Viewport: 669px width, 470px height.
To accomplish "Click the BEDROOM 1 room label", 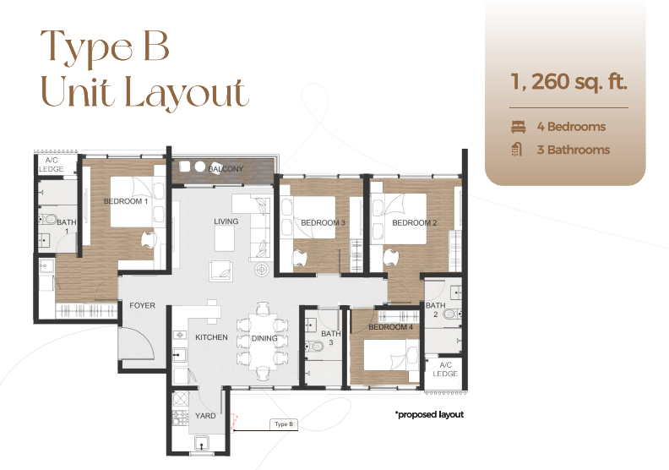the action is [x=125, y=201].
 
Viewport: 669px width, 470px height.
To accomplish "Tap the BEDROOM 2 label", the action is [x=414, y=222].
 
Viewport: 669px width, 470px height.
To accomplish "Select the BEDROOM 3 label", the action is [x=323, y=222].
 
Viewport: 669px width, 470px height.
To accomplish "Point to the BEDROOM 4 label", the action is [x=390, y=327].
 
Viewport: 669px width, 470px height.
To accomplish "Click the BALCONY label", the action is [x=226, y=169].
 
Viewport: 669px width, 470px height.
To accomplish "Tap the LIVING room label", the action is [x=226, y=221].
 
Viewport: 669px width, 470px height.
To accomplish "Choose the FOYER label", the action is [x=142, y=305].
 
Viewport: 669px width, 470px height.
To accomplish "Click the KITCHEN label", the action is [x=211, y=337].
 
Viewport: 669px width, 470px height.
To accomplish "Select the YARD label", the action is [x=205, y=415].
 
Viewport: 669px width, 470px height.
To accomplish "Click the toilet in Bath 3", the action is [x=315, y=347].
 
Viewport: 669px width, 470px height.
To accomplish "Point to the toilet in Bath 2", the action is [x=452, y=314].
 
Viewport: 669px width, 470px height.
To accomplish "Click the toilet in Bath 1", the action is [x=48, y=220].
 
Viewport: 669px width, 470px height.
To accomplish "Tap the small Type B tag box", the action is [x=284, y=424].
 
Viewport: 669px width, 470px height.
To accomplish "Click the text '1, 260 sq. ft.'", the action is [x=568, y=81].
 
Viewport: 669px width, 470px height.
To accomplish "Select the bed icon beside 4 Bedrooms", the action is [x=518, y=127].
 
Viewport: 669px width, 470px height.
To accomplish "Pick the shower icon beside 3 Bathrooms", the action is [x=517, y=150].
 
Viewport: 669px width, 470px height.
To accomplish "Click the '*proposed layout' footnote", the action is [x=429, y=414].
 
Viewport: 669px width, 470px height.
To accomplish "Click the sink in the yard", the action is [x=202, y=443].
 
